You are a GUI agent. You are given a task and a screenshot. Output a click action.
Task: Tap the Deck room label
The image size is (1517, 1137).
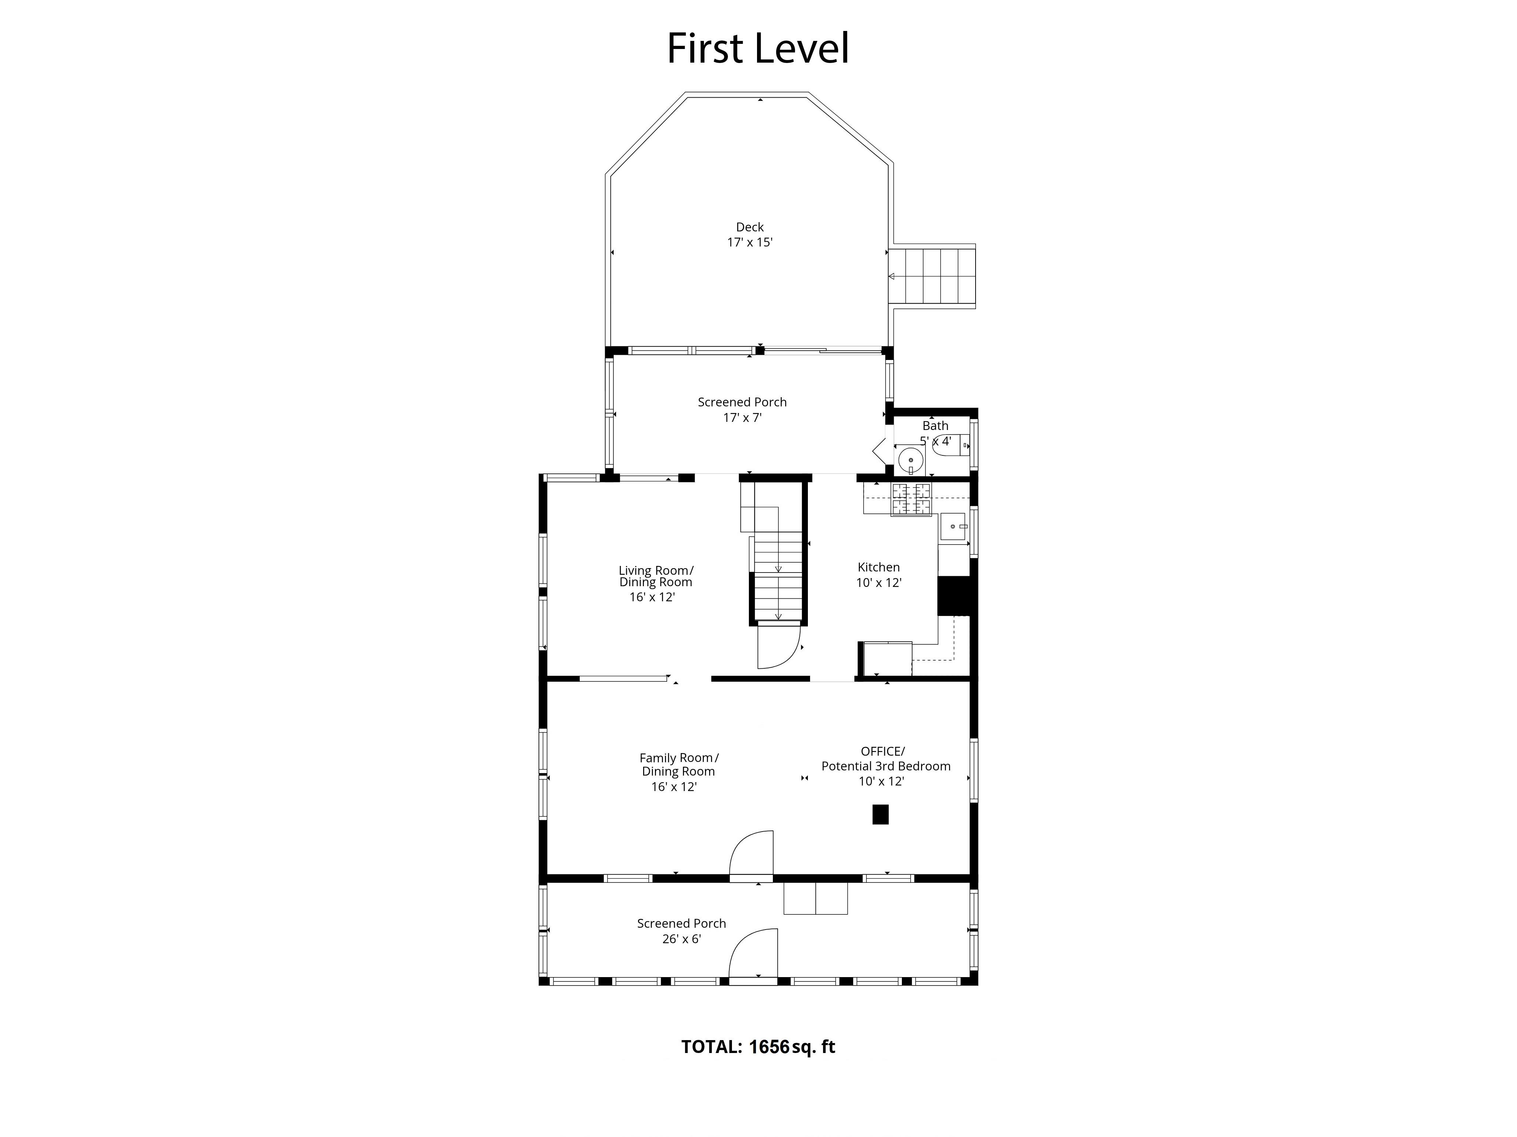pos(750,227)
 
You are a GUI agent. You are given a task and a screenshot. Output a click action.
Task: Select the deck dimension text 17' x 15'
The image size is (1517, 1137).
pos(750,242)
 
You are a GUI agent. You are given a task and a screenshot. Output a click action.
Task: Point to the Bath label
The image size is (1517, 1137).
pos(935,426)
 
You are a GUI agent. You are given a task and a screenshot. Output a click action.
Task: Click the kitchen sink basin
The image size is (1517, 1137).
pos(953,526)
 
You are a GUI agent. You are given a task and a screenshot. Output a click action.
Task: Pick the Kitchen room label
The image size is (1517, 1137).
pos(879,567)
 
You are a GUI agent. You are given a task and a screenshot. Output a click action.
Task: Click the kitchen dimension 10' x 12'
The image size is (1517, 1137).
pos(879,583)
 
